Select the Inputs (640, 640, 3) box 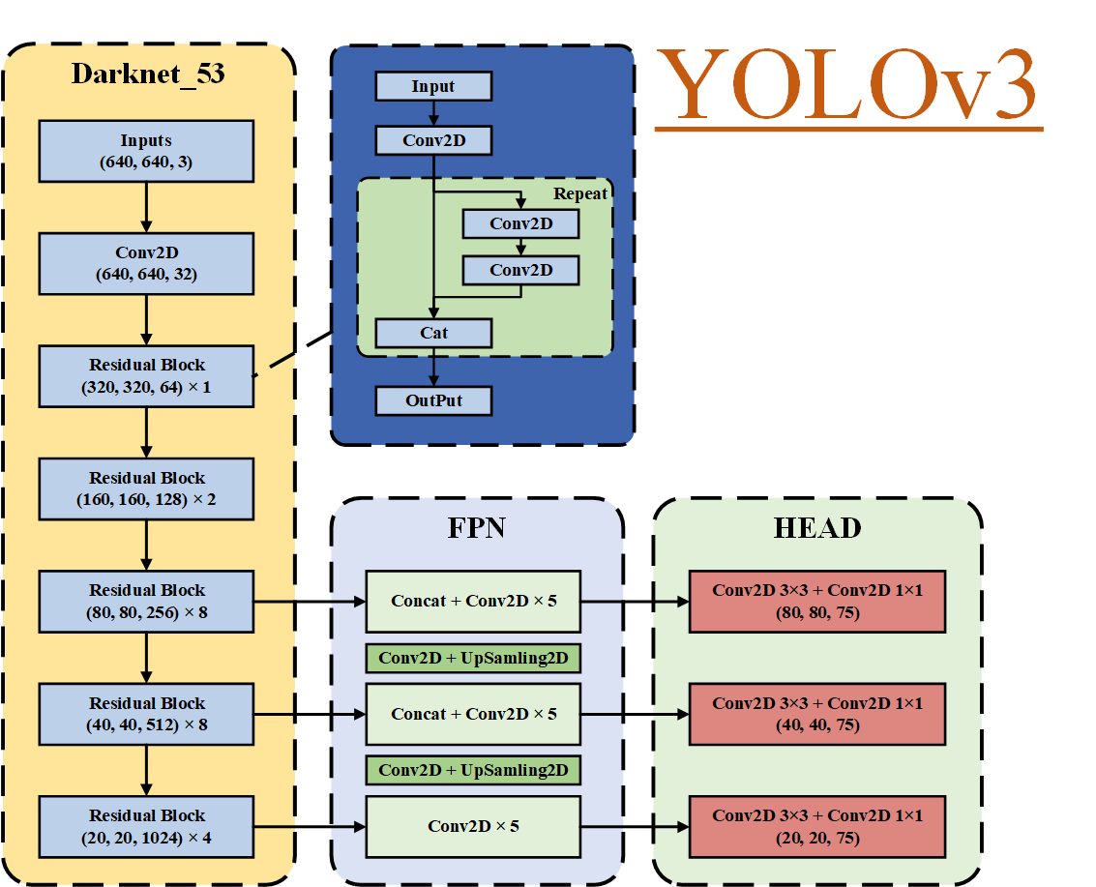[x=146, y=151]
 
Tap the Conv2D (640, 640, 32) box [x=146, y=263]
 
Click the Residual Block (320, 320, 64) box [x=146, y=376]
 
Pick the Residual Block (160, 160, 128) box [x=146, y=488]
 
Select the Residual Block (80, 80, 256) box [x=146, y=602]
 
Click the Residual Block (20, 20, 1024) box [x=146, y=826]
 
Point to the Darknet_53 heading [x=148, y=74]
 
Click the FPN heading [x=476, y=528]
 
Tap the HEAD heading [x=817, y=528]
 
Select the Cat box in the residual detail [x=433, y=333]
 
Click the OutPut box [x=433, y=400]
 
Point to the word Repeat [x=580, y=193]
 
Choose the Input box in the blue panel [x=433, y=86]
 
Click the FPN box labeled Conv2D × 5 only [x=473, y=826]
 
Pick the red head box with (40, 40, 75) [x=817, y=714]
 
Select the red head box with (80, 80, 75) [x=817, y=601]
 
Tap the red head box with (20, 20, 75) [x=817, y=826]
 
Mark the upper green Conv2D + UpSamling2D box [x=473, y=658]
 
